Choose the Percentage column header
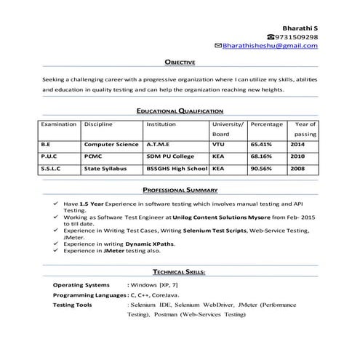(266, 124)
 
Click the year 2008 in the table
(297, 168)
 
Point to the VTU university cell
(219, 145)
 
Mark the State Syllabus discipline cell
(105, 168)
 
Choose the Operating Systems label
(81, 285)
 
